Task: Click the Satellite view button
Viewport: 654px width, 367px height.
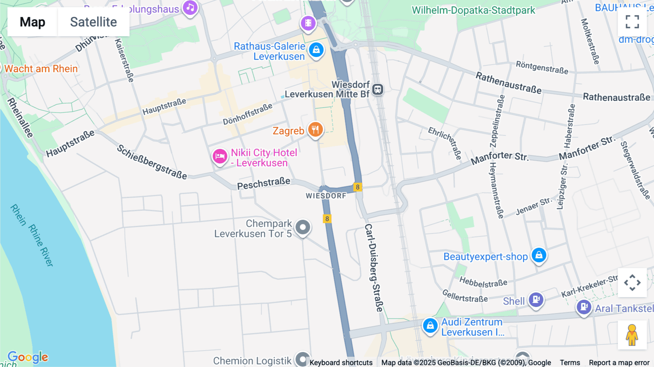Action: point(93,22)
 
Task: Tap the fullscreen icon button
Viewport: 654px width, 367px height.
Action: point(632,22)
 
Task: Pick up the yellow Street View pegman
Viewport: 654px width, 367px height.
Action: point(632,335)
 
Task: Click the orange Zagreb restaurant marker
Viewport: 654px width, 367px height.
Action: point(315,129)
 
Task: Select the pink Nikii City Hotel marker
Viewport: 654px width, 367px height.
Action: point(220,157)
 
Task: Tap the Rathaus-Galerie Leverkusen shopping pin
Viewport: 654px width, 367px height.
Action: point(316,50)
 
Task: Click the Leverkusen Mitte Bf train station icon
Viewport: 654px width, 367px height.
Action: point(378,89)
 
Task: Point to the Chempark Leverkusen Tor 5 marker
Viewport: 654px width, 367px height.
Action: point(303,227)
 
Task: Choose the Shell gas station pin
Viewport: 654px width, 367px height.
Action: point(536,300)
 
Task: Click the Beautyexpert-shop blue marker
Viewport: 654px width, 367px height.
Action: point(539,255)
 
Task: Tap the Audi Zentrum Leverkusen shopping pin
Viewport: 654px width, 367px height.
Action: point(430,326)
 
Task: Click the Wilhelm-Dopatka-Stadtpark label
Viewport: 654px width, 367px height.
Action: point(473,10)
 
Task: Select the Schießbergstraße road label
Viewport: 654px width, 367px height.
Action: point(152,162)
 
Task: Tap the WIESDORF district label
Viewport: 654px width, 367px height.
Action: point(326,196)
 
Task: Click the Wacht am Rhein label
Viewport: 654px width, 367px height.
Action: point(41,69)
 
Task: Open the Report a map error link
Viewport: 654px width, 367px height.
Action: point(619,363)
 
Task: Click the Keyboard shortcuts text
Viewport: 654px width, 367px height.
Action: point(341,363)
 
